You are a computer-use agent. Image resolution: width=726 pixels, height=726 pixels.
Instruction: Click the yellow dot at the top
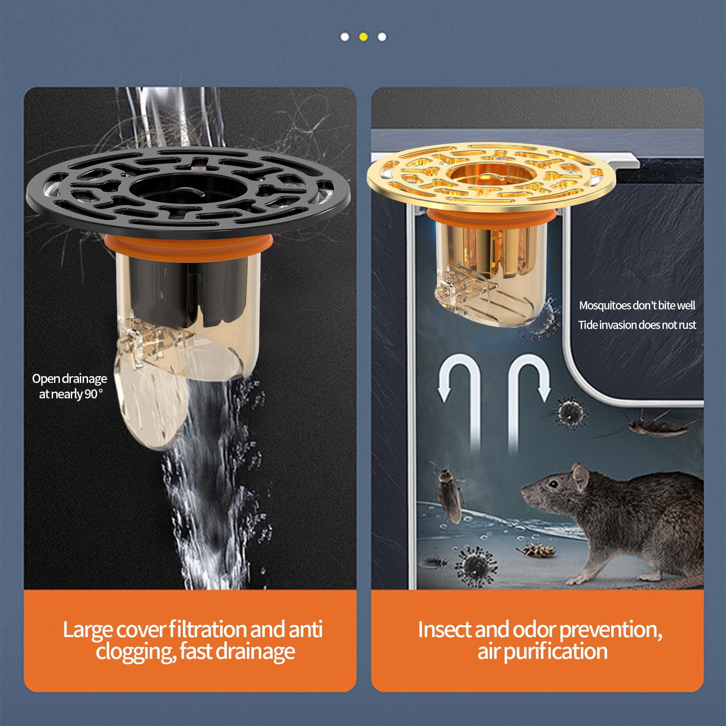click(363, 37)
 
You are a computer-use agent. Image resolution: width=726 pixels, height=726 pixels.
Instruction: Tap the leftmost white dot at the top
click(345, 37)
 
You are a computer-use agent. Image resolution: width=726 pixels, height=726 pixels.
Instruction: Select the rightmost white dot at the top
click(382, 37)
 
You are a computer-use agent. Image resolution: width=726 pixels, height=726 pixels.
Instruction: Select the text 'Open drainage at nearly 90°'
click(69, 386)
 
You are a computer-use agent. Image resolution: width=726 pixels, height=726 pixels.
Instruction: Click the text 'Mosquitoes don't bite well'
click(637, 305)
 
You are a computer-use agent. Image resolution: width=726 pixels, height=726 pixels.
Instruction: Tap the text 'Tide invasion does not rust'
click(637, 325)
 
